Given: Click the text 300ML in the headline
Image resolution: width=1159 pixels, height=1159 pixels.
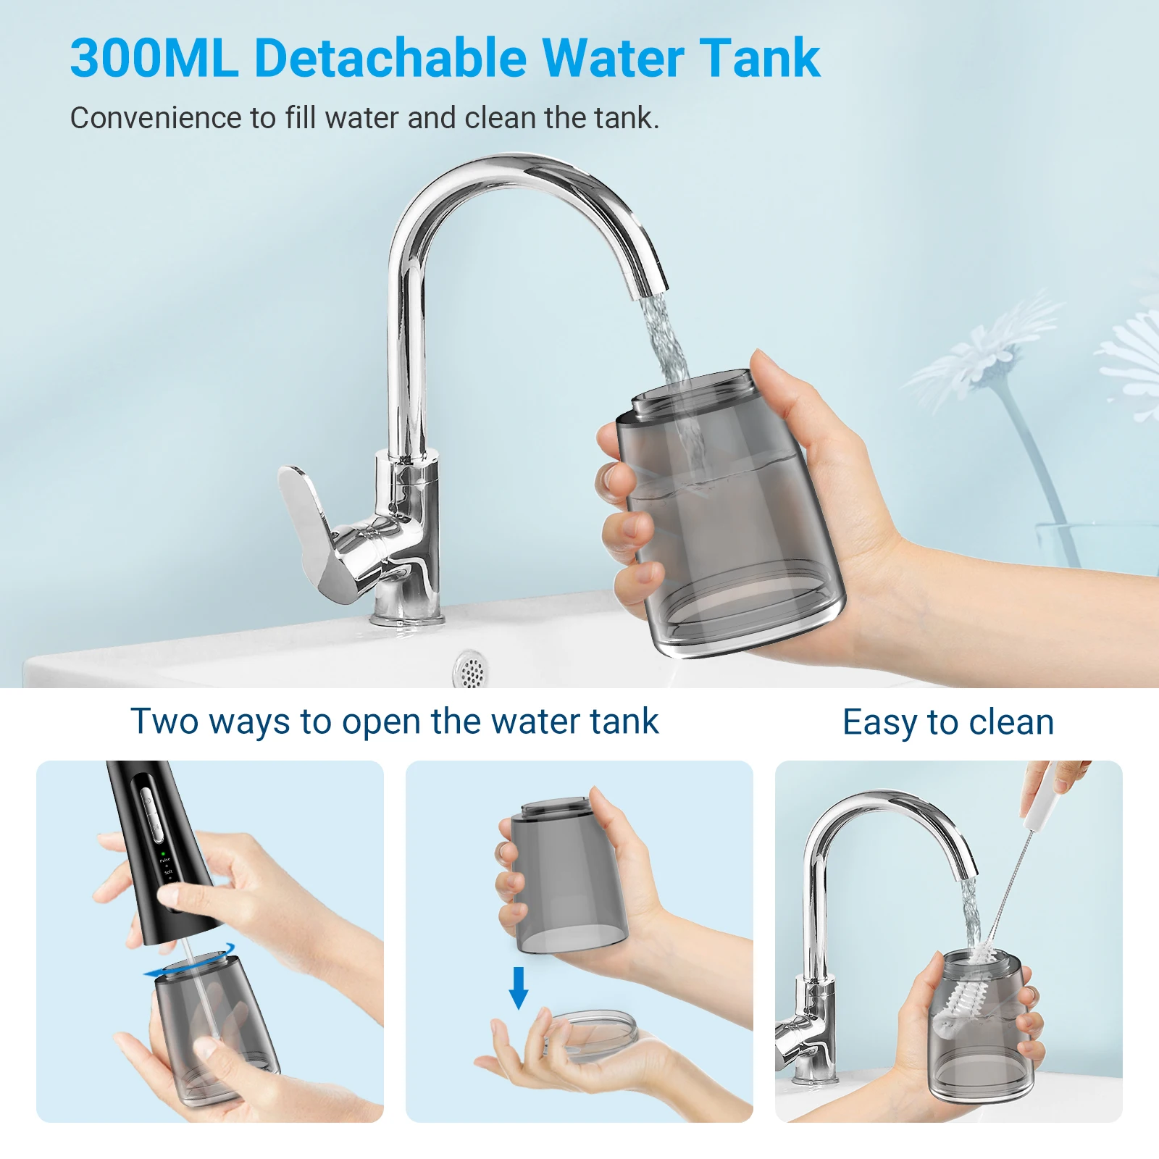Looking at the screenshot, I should click(154, 58).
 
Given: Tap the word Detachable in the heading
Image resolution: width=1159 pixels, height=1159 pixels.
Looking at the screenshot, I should click(390, 58).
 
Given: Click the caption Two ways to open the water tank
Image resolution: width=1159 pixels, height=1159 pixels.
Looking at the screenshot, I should click(394, 721).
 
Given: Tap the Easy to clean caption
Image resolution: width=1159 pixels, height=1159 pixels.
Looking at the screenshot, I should click(948, 722).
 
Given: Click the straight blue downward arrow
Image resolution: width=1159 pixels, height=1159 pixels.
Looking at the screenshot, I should click(518, 987).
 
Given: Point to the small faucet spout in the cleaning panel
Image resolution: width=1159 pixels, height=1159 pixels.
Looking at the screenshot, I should click(967, 866).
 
